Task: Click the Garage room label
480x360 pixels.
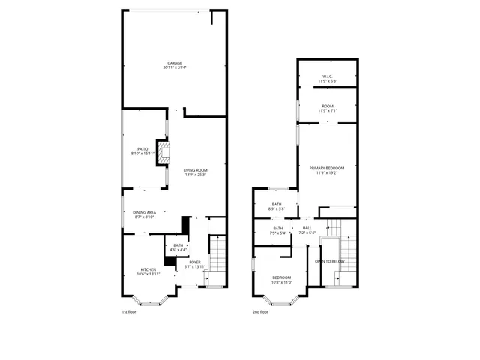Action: pyautogui.click(x=174, y=63)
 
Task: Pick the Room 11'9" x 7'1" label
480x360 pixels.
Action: pyautogui.click(x=328, y=108)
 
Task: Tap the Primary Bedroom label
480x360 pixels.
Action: pyautogui.click(x=328, y=170)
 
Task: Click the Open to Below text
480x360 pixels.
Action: pyautogui.click(x=329, y=261)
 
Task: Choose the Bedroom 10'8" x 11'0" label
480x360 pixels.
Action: pyautogui.click(x=281, y=279)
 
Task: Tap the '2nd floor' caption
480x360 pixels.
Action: pyautogui.click(x=259, y=311)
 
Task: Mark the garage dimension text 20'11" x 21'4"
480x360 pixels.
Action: pyautogui.click(x=174, y=67)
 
